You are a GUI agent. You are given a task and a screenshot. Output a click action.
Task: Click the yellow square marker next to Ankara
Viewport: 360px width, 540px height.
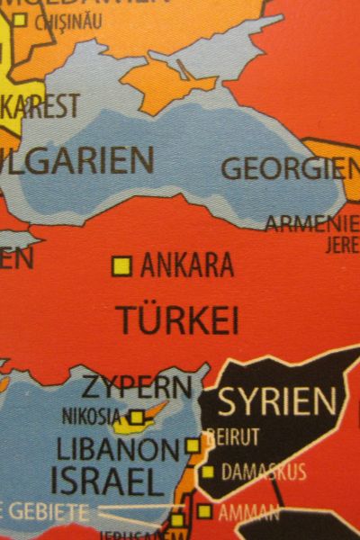[x=121, y=265]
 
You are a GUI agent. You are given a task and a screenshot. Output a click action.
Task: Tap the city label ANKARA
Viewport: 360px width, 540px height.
[x=187, y=265]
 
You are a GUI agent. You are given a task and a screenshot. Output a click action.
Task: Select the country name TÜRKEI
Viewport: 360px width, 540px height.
[x=178, y=319]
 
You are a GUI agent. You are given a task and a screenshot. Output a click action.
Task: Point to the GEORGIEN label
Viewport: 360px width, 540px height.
[x=288, y=168]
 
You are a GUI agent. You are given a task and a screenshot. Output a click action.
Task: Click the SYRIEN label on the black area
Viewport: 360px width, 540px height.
[x=277, y=401]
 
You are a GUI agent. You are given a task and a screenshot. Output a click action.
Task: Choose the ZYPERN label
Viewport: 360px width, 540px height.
[x=137, y=389]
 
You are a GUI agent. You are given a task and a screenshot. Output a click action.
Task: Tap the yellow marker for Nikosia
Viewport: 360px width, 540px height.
[x=136, y=417]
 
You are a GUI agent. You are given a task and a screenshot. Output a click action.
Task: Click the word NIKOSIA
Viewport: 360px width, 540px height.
[x=91, y=417]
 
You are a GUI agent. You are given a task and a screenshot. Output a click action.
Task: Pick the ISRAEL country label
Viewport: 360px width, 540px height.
[x=107, y=480]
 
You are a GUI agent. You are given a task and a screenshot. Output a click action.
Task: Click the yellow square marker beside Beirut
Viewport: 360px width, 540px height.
[x=193, y=445]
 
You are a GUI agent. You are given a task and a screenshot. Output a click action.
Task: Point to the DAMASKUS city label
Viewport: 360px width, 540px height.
[x=263, y=472]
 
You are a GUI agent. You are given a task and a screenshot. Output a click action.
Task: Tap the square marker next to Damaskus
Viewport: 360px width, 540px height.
[x=208, y=472]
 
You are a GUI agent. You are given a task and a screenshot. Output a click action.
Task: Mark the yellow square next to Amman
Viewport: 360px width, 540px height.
[x=204, y=512]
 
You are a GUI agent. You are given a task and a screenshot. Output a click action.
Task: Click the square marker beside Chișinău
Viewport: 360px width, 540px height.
[x=19, y=20]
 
